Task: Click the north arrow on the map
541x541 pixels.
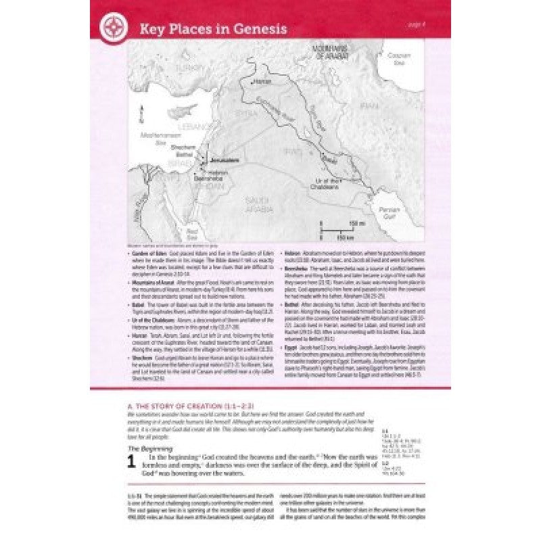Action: (x=143, y=111)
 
